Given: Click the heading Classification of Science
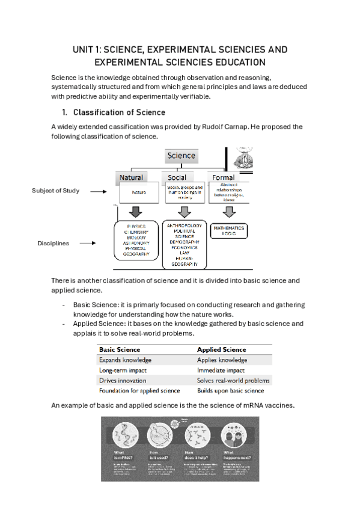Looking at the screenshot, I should click(x=119, y=112).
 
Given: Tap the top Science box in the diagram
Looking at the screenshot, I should click(x=182, y=156).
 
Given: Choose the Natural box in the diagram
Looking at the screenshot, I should click(x=131, y=177).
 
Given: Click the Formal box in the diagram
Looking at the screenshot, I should click(x=223, y=177).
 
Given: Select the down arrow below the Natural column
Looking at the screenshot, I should click(x=136, y=211).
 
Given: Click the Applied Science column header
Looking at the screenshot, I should click(x=221, y=349).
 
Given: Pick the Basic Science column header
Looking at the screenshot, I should click(x=120, y=349).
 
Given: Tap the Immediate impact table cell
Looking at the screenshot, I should click(x=221, y=370).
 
